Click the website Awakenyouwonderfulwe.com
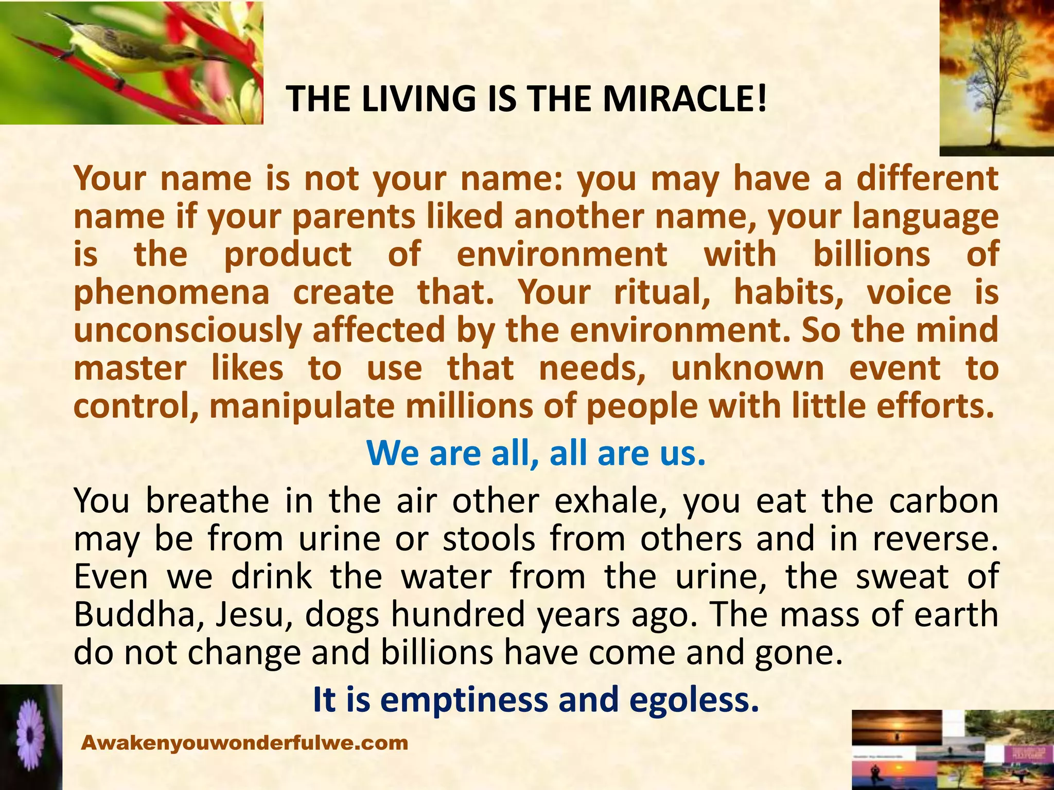pyautogui.click(x=245, y=743)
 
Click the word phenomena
pyautogui.click(x=171, y=293)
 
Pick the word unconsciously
pyautogui.click(x=187, y=330)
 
